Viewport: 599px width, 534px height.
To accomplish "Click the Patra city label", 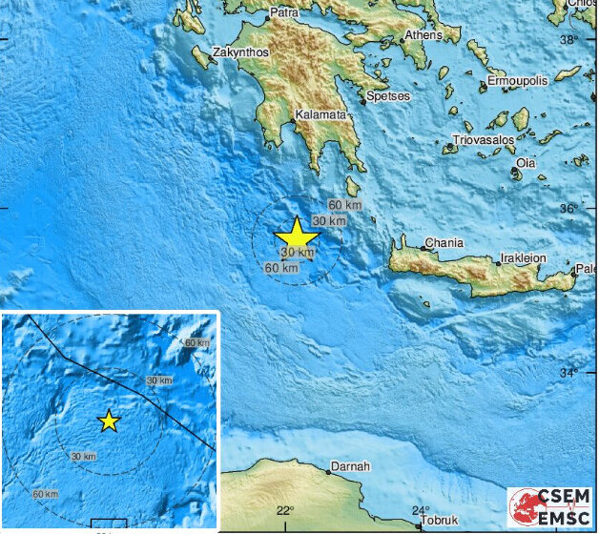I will [x=284, y=12].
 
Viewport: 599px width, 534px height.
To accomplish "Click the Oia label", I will [x=526, y=163].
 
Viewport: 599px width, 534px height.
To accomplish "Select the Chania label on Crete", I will [x=444, y=243].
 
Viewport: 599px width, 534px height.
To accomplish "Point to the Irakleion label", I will [x=526, y=258].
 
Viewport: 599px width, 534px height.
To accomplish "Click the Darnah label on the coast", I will [x=343, y=468].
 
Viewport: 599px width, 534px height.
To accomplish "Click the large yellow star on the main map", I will [x=297, y=236].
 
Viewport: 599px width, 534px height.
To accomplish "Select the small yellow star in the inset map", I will [x=109, y=421].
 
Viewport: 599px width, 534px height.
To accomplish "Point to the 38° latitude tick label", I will [x=569, y=40].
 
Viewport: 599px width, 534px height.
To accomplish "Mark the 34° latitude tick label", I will [x=569, y=372].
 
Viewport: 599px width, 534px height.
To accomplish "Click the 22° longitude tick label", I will [x=285, y=512].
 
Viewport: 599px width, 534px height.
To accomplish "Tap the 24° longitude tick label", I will [x=423, y=512].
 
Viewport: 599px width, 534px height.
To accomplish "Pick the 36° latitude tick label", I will [x=569, y=208].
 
